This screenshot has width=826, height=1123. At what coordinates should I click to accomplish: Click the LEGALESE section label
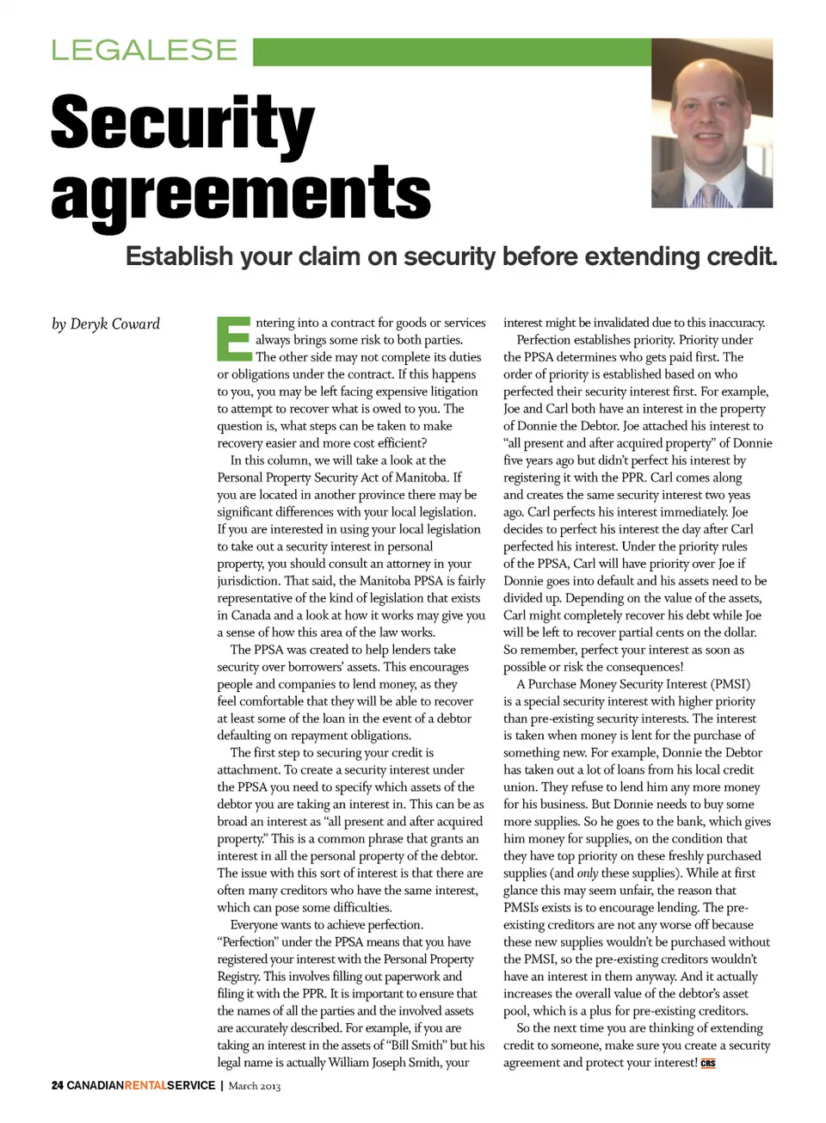click(144, 50)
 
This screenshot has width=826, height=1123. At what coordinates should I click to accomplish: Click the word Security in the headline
click(182, 123)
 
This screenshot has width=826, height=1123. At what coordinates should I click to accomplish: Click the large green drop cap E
click(232, 339)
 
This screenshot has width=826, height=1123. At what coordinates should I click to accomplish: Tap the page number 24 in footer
click(57, 1085)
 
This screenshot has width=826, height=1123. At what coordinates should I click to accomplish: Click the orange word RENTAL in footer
click(145, 1085)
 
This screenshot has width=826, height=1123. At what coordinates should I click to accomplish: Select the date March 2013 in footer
click(254, 1085)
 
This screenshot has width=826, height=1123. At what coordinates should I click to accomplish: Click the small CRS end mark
click(708, 1064)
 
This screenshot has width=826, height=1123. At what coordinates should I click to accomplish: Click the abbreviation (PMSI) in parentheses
click(730, 684)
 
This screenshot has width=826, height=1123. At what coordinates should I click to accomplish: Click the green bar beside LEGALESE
click(452, 52)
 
